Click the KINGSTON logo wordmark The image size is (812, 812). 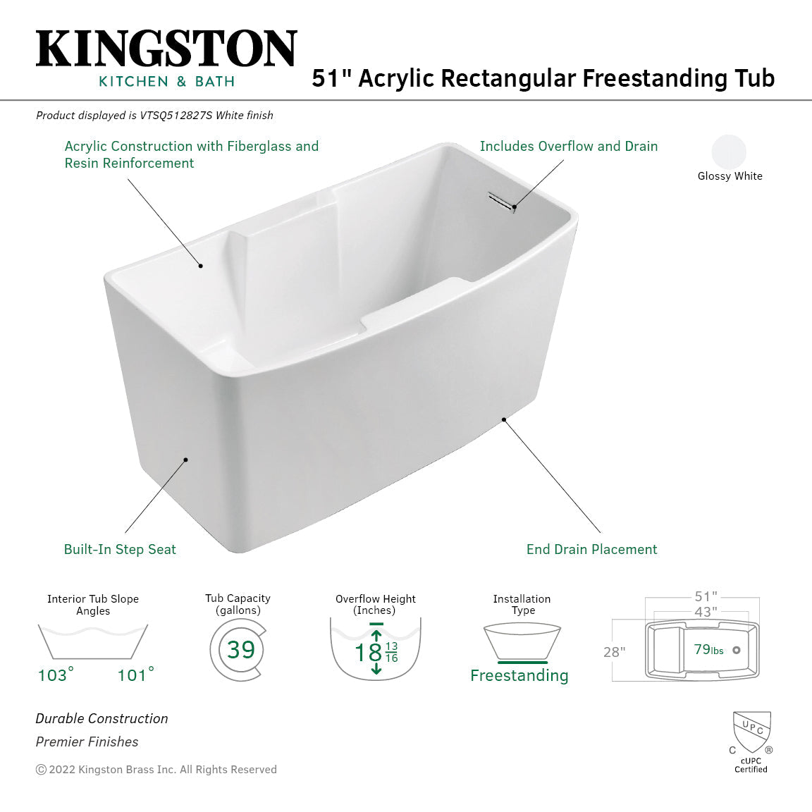point(166,49)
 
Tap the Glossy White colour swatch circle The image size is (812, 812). point(729,152)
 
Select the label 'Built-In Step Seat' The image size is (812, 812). point(120,549)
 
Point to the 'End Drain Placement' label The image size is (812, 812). point(591,549)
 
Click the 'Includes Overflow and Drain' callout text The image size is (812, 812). point(568,146)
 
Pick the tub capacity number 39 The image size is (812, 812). point(240,649)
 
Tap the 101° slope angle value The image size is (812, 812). point(135,675)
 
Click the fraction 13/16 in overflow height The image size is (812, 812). point(391,652)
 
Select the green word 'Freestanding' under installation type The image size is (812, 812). point(519,675)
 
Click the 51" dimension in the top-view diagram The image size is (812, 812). point(705,597)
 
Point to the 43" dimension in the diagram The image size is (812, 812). point(705,612)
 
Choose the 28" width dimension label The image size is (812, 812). point(614,652)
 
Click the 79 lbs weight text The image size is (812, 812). point(708,650)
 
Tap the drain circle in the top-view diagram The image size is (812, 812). point(737,650)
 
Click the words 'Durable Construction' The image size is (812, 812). point(102,718)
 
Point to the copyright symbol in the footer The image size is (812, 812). point(41,770)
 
